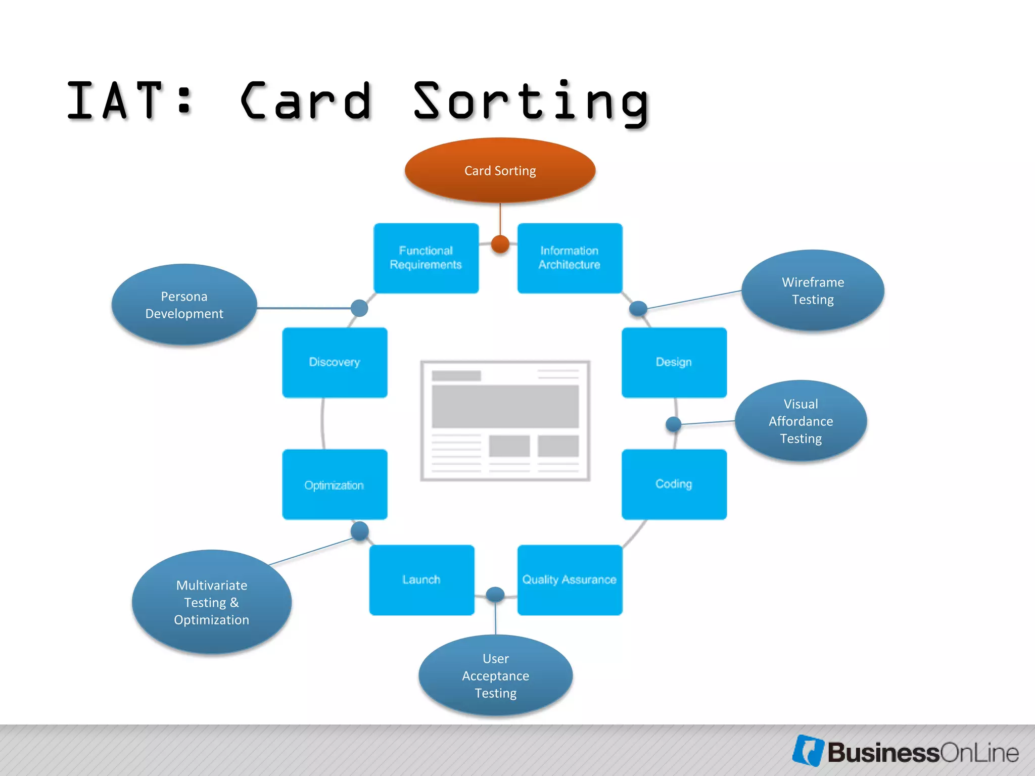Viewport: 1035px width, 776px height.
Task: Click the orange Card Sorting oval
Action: pyautogui.click(x=500, y=170)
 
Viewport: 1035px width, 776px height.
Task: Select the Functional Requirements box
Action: pyautogui.click(x=426, y=258)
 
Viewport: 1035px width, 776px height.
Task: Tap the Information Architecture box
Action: pyautogui.click(x=570, y=258)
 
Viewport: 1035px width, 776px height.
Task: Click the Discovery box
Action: pyautogui.click(x=335, y=362)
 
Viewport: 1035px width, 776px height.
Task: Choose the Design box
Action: pyautogui.click(x=674, y=362)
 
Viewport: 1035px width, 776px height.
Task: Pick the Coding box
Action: pyautogui.click(x=674, y=484)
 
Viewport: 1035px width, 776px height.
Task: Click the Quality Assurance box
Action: pyautogui.click(x=570, y=579)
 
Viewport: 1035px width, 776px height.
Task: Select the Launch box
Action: pyautogui.click(x=421, y=579)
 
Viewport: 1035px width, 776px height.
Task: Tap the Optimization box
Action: pyautogui.click(x=335, y=484)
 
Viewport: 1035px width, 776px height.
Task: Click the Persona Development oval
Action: pyautogui.click(x=184, y=305)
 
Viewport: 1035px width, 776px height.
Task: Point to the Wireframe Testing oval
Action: pyautogui.click(x=813, y=290)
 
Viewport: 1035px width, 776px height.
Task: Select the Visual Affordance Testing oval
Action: pyautogui.click(x=801, y=421)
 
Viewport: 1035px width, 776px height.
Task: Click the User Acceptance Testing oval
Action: pyautogui.click(x=495, y=675)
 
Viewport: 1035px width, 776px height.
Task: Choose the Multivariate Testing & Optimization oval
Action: pyautogui.click(x=211, y=602)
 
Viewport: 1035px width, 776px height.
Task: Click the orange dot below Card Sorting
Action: pyautogui.click(x=500, y=244)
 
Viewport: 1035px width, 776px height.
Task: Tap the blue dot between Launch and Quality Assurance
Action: pyautogui.click(x=495, y=595)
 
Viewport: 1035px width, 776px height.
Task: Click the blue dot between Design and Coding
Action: pyautogui.click(x=673, y=424)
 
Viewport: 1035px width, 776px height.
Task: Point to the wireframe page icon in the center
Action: pyautogui.click(x=505, y=420)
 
